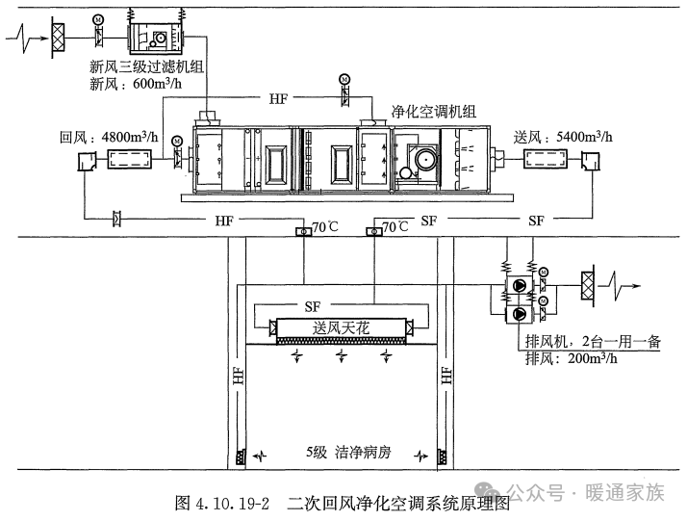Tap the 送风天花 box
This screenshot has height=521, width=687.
click(342, 328)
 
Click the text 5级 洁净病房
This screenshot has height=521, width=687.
click(341, 452)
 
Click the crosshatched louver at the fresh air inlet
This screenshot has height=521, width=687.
click(59, 36)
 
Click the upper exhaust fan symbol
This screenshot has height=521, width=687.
click(520, 285)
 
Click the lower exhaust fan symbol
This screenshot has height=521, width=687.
click(520, 314)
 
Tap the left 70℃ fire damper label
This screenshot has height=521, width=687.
click(324, 227)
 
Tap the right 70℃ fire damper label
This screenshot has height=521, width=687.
click(394, 227)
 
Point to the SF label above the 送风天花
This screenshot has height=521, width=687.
click(312, 306)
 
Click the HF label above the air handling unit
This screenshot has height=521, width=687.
click(279, 98)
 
